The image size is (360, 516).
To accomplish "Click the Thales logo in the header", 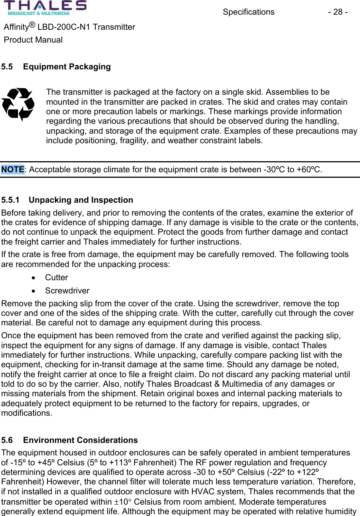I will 45,8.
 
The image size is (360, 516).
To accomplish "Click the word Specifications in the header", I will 248,12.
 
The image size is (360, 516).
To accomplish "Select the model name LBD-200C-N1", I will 64,27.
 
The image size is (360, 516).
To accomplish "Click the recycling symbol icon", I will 18,104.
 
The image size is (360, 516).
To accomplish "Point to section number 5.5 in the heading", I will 7,66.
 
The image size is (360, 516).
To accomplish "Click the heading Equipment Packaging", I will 67,66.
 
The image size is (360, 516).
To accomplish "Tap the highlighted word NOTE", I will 12,169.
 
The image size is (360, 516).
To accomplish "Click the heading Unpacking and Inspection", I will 81,200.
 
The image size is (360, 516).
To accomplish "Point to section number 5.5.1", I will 10,200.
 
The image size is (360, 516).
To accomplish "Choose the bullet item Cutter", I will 57,277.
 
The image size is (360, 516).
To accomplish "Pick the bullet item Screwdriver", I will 67,291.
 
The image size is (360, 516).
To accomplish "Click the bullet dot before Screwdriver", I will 34,291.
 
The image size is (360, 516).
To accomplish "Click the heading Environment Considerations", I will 80,440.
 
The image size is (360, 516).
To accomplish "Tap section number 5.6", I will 7,440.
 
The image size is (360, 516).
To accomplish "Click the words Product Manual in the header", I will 33,40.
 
